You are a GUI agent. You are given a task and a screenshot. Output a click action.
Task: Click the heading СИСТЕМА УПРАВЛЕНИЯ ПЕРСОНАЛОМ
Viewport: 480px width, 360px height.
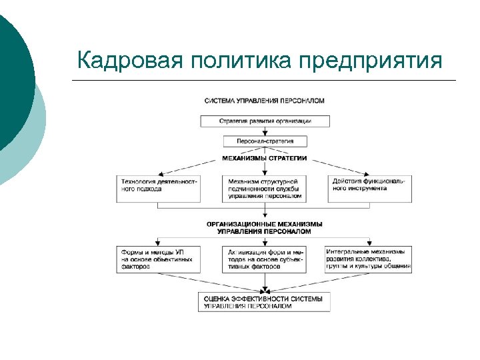point(264,101)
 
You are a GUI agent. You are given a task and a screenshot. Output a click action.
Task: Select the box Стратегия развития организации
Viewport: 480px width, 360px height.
point(265,121)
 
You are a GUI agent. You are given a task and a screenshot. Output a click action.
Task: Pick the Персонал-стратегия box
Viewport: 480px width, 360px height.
point(265,141)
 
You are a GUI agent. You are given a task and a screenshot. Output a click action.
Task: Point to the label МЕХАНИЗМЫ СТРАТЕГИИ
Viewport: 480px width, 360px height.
point(265,159)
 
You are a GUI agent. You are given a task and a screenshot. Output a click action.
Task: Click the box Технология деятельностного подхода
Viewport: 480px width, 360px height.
point(158,185)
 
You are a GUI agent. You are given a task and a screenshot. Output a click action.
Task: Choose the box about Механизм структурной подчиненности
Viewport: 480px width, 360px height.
point(265,189)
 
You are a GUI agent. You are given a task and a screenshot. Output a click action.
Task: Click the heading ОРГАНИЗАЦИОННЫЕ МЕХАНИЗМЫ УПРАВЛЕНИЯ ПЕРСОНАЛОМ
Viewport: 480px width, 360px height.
point(265,227)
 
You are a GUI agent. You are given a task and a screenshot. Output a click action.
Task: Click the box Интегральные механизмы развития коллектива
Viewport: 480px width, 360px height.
point(368,259)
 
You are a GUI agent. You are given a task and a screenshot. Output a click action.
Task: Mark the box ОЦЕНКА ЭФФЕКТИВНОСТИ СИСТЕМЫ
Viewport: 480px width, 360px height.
point(265,301)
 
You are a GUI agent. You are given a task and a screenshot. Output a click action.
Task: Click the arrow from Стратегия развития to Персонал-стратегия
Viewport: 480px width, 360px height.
point(265,131)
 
